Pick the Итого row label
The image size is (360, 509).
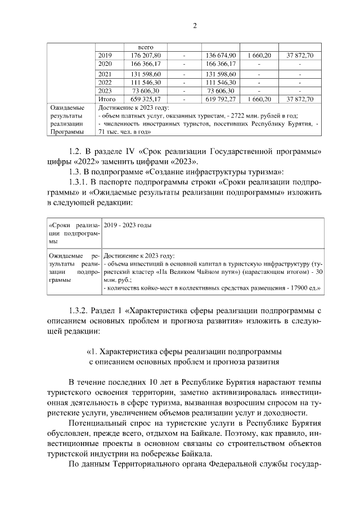[x=107, y=99]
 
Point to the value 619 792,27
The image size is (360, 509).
[x=220, y=99]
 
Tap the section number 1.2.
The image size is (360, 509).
[x=76, y=151]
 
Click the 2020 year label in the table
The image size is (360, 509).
[x=105, y=64]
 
